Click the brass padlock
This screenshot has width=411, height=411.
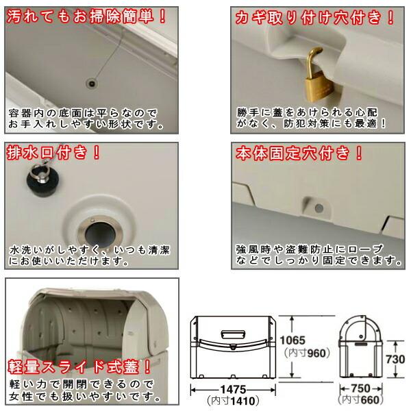[318, 79]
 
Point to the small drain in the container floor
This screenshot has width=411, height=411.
[92, 84]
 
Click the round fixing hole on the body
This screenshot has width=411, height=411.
[319, 209]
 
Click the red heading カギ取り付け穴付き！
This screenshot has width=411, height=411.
[314, 18]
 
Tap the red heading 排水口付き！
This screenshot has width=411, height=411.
[53, 152]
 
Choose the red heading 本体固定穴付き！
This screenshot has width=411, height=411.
[299, 153]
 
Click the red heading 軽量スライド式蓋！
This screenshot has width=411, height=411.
[79, 366]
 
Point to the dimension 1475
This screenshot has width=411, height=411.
[233, 390]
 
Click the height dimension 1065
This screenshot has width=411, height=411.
[292, 340]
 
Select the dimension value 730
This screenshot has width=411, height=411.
[395, 359]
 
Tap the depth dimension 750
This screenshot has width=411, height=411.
[361, 388]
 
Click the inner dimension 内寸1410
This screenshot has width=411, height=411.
[233, 401]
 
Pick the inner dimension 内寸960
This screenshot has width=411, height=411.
[307, 353]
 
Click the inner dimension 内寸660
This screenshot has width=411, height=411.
[361, 400]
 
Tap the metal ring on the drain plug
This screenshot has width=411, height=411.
[39, 171]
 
